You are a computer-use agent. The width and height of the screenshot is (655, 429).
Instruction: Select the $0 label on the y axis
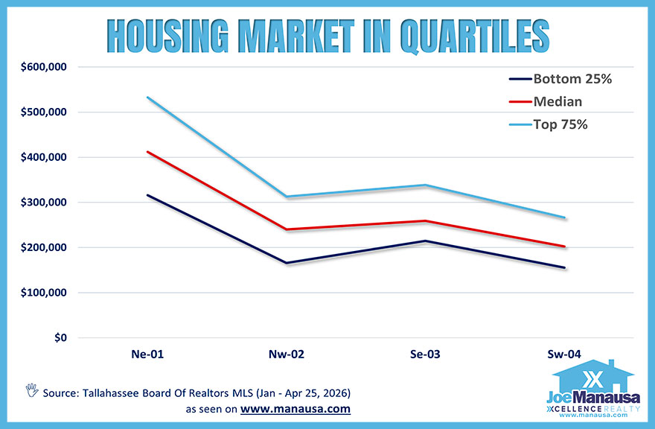pyautogui.click(x=59, y=337)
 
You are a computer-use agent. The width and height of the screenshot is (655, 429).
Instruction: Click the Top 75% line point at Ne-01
pyautogui.click(x=147, y=97)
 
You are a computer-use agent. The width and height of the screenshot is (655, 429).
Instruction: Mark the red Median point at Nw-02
pyautogui.click(x=287, y=229)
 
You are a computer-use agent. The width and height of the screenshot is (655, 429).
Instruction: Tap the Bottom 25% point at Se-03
pyautogui.click(x=425, y=241)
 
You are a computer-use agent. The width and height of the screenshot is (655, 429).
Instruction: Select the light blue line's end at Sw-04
pyautogui.click(x=565, y=217)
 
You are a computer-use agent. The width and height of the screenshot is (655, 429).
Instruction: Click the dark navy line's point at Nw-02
pyautogui.click(x=287, y=263)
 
